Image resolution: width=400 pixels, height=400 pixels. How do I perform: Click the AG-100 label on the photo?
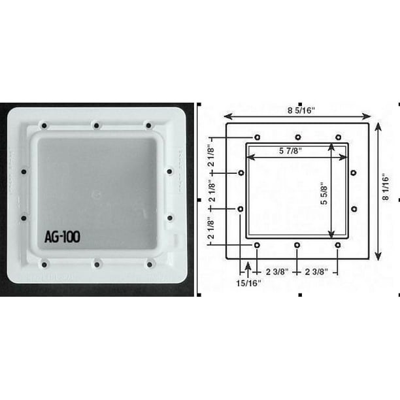point(62,237)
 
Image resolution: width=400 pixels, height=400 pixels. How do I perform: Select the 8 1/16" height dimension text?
point(387,189)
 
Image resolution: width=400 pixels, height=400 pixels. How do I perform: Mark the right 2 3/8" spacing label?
point(317,270)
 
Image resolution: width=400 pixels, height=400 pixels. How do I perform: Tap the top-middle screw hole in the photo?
point(96,125)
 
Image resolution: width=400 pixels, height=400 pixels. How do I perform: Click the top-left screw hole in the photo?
point(44,125)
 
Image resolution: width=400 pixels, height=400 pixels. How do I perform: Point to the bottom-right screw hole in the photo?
point(149,264)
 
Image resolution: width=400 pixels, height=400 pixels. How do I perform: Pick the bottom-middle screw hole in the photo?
point(97,264)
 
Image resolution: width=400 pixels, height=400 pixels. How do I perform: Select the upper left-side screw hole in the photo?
point(24,171)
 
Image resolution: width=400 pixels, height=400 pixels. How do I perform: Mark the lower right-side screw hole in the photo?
point(169,217)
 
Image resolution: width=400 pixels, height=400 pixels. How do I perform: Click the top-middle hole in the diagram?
point(297,137)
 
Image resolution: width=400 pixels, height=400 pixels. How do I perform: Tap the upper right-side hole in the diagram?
point(353,173)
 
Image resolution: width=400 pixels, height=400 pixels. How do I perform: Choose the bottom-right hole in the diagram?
point(337,244)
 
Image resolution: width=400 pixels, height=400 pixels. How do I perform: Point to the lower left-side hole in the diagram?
point(241,209)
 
